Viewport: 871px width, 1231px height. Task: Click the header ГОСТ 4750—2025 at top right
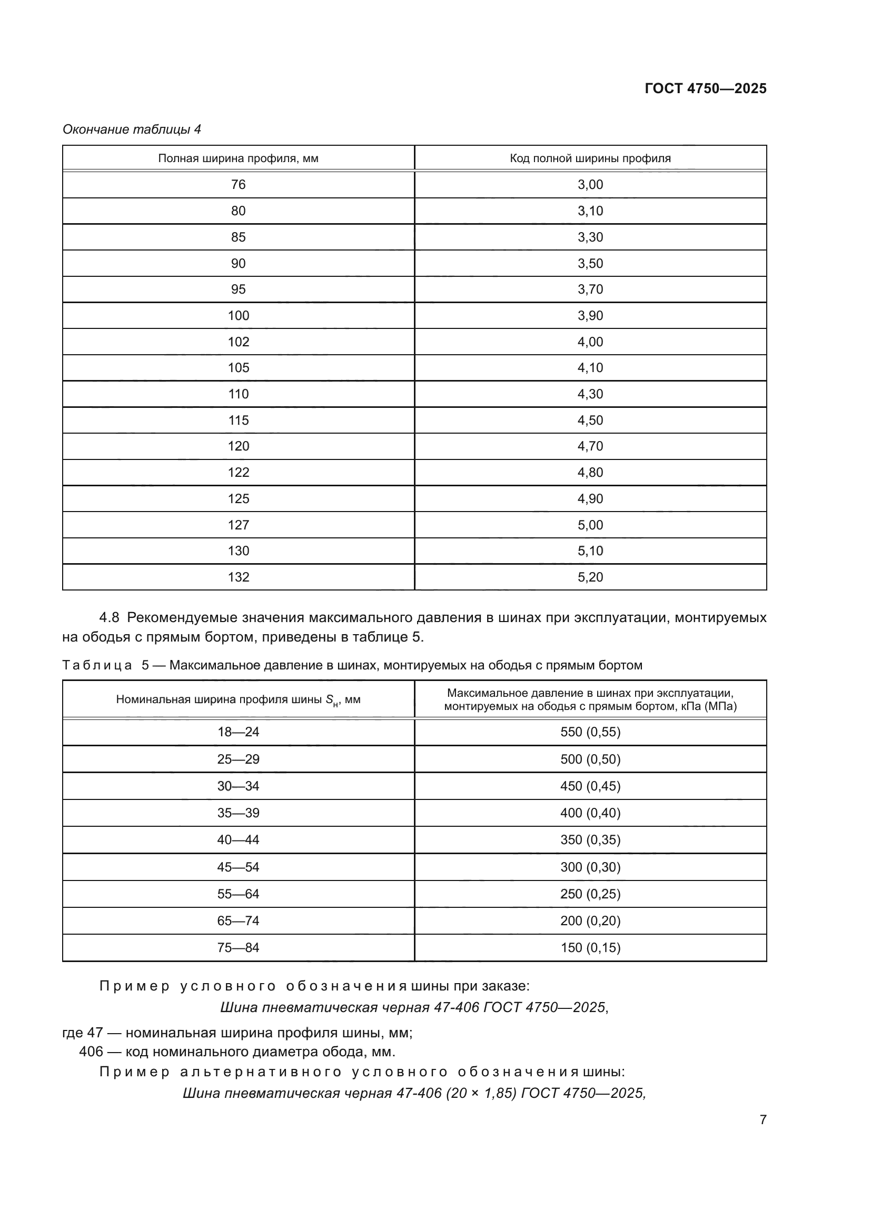pos(705,88)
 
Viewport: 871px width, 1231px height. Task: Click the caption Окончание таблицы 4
pos(132,129)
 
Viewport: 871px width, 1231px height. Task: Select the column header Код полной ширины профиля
pos(590,158)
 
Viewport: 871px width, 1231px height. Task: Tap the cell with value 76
pos(238,184)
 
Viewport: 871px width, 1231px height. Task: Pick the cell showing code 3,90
pos(590,315)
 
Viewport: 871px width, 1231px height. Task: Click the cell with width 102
pos(238,342)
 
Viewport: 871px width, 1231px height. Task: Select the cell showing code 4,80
pos(590,472)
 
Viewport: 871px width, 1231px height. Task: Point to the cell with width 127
pos(238,525)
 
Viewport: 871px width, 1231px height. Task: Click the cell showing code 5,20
pos(590,577)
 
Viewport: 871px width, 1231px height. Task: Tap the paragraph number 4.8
pos(109,618)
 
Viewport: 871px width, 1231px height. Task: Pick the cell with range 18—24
pos(238,732)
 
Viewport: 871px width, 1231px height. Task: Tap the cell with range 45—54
pos(238,867)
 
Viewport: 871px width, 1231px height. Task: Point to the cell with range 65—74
pos(238,920)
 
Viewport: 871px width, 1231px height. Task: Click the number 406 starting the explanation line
pos(91,1052)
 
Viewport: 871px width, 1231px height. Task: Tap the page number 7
pos(763,1119)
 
